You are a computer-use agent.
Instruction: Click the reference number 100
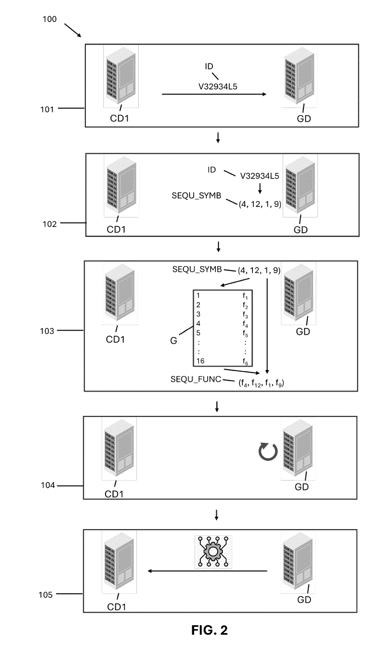tap(49, 19)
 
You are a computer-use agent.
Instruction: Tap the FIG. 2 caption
tap(209, 630)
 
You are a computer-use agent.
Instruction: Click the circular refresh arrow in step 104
tap(268, 451)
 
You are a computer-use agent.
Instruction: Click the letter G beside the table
tap(173, 341)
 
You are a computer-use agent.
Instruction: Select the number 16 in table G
tap(200, 361)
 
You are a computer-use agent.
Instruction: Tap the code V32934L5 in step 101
tap(218, 87)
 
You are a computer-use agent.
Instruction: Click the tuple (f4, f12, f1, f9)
tap(261, 383)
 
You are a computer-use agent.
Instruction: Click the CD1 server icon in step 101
tap(121, 76)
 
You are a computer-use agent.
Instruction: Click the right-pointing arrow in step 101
tap(214, 94)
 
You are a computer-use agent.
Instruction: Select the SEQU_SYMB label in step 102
tap(196, 195)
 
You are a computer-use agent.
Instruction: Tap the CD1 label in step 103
tap(115, 339)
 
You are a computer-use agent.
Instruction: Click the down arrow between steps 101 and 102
tap(218, 138)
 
